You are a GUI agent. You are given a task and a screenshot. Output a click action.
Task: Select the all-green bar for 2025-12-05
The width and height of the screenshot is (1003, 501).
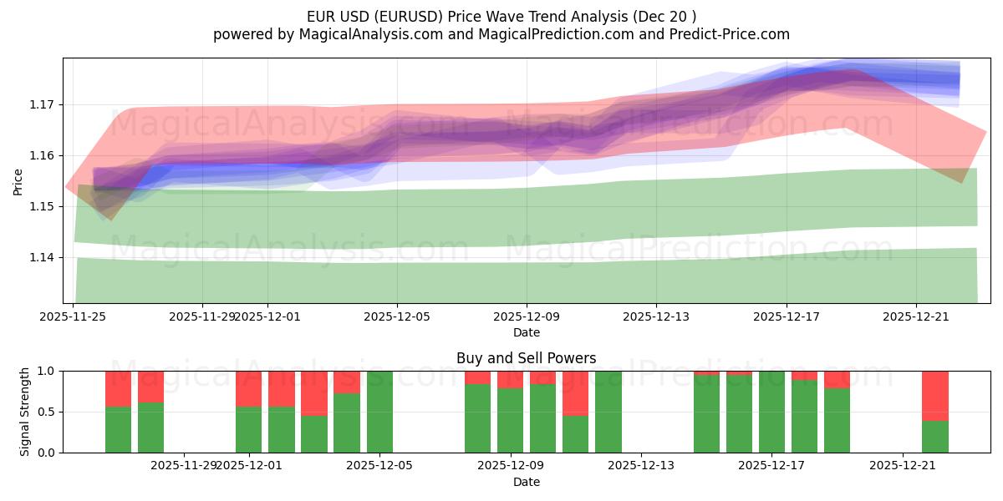coord(380,412)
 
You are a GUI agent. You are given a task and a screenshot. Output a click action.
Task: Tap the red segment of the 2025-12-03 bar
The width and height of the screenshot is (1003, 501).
coord(314,392)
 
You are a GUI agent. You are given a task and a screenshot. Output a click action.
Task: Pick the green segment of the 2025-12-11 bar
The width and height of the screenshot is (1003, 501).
coord(576,434)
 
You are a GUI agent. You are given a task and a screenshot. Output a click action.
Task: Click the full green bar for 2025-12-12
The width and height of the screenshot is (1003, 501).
coord(608,412)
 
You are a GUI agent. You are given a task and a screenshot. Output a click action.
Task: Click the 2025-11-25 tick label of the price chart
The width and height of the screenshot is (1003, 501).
coord(74,316)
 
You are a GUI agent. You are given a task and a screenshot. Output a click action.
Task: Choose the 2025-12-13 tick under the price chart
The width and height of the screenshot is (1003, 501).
coord(656,316)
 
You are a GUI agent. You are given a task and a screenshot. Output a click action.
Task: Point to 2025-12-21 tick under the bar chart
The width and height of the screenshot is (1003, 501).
coord(903,465)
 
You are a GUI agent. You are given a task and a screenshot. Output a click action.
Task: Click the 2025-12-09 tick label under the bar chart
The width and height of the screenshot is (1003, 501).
coord(510,465)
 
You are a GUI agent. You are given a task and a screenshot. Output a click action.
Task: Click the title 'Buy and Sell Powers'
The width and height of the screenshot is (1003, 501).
coord(527,358)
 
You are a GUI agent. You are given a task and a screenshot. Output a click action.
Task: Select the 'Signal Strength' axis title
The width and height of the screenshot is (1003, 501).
coord(25,412)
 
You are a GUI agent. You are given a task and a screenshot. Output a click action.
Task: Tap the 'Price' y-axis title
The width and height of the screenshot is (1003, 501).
coord(18,181)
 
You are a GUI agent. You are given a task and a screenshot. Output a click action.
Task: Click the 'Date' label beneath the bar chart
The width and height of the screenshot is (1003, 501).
coord(527,482)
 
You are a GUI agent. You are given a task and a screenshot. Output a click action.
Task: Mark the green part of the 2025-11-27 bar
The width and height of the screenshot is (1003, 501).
coord(150,428)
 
